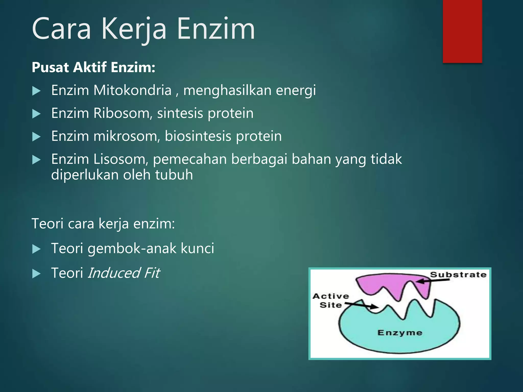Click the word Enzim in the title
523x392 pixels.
216,29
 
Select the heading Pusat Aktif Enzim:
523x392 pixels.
93,67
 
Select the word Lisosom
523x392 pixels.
121,159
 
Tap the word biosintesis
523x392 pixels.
198,136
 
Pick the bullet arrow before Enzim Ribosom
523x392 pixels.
37,114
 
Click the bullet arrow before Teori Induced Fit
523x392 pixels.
37,274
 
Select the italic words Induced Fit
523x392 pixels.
124,273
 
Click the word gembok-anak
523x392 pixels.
132,248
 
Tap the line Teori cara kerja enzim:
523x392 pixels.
103,224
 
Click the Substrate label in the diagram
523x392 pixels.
458,275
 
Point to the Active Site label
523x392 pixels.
331,300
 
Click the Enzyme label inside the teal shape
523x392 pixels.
400,333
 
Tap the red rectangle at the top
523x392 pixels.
462,31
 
